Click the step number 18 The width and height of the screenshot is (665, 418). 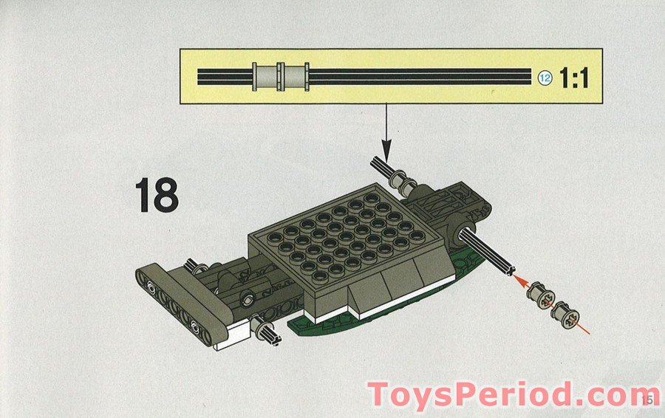(x=157, y=195)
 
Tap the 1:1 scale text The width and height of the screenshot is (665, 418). (x=574, y=78)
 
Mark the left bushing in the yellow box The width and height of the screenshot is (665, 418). (x=264, y=76)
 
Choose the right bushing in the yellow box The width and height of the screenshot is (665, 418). (x=295, y=76)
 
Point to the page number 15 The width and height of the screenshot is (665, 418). (x=648, y=400)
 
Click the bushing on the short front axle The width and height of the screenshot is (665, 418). (x=262, y=326)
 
